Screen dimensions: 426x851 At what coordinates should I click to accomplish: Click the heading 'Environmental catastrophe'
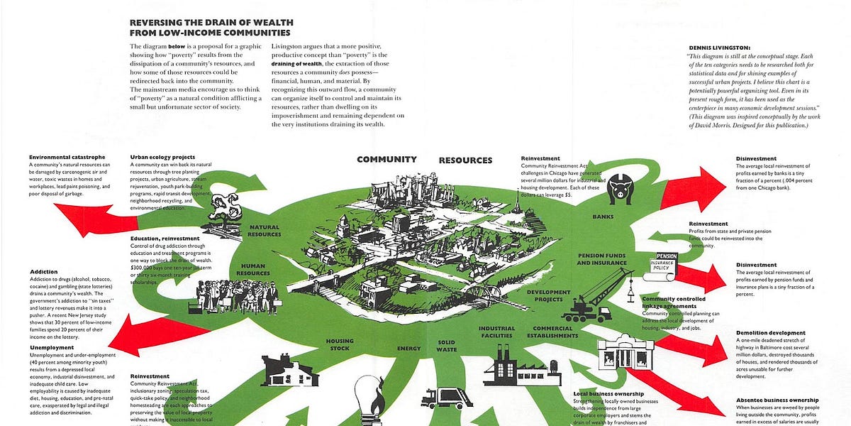(x=67, y=157)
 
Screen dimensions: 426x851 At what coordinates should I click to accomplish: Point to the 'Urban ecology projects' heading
(x=162, y=157)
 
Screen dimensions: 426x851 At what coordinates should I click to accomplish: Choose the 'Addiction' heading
(x=44, y=271)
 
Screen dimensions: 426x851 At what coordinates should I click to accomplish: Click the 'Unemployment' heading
(x=52, y=347)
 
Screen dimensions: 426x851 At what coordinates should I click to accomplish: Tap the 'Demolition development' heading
(x=770, y=333)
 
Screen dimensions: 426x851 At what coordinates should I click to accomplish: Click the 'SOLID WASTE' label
(x=446, y=346)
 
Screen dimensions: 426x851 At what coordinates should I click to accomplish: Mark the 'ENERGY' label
(x=408, y=349)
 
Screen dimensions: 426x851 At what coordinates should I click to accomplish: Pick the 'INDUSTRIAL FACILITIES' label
(x=496, y=332)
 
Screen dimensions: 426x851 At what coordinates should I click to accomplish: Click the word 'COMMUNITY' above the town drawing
(x=386, y=160)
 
